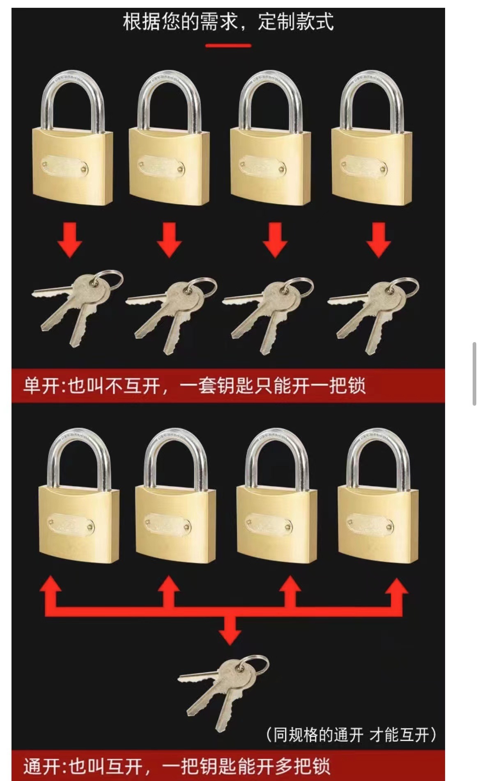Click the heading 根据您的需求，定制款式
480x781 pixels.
point(228,21)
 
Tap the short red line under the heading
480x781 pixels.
point(228,46)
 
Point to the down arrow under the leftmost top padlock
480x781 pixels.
point(70,240)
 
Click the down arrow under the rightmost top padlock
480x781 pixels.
point(378,240)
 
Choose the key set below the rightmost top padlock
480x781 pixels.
point(374,314)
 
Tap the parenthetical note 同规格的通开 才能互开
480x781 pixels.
point(351,735)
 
